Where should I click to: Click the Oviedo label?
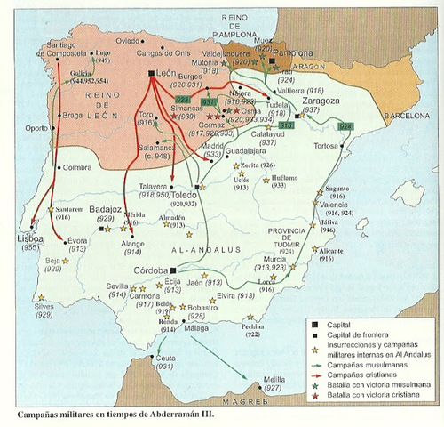(128, 40)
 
